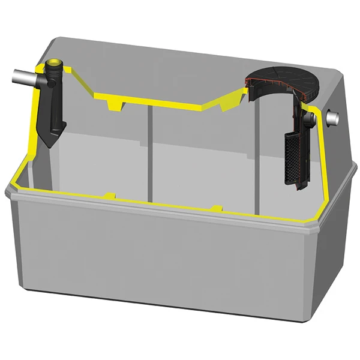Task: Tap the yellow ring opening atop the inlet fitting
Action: pos(55,62)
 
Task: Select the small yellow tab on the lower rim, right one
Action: pos(217,209)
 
